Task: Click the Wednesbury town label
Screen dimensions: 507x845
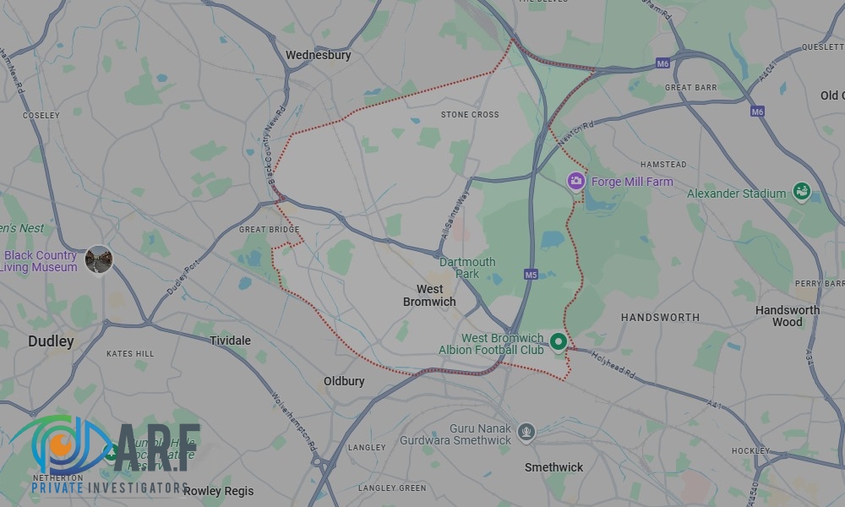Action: [318, 56]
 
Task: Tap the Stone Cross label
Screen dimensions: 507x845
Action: [470, 115]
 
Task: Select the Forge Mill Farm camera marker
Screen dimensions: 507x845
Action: [575, 181]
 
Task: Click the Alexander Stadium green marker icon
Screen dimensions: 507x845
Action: [800, 193]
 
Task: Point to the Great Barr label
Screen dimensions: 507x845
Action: [690, 88]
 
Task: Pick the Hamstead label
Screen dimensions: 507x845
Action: [663, 165]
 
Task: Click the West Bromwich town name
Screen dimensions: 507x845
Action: [429, 296]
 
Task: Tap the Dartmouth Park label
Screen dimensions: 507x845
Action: [467, 268]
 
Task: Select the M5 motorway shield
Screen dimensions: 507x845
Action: [531, 275]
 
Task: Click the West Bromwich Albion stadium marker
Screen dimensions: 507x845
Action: [558, 342]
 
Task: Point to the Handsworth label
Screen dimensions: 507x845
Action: [660, 318]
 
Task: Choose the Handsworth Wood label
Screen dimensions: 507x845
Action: [787, 316]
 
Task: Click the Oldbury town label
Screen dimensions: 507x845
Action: [344, 382]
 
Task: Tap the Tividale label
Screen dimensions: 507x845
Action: [230, 341]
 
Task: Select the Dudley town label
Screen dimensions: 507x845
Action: [51, 342]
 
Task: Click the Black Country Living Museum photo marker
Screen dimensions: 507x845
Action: [99, 259]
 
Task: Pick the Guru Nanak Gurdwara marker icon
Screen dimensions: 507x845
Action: [526, 433]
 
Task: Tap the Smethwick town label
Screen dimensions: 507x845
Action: [553, 467]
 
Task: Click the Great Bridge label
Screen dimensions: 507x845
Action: [269, 230]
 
